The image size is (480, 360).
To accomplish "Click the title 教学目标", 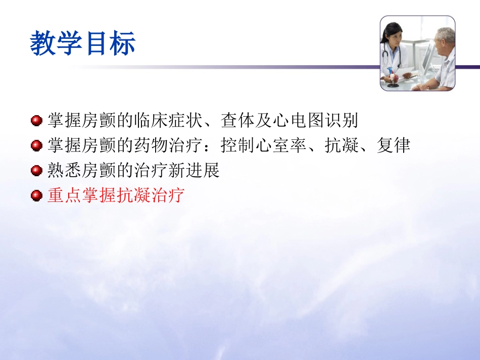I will (83, 44).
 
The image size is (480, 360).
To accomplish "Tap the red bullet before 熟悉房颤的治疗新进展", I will (36, 171).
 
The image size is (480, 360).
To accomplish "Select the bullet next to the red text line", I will (36, 195).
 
